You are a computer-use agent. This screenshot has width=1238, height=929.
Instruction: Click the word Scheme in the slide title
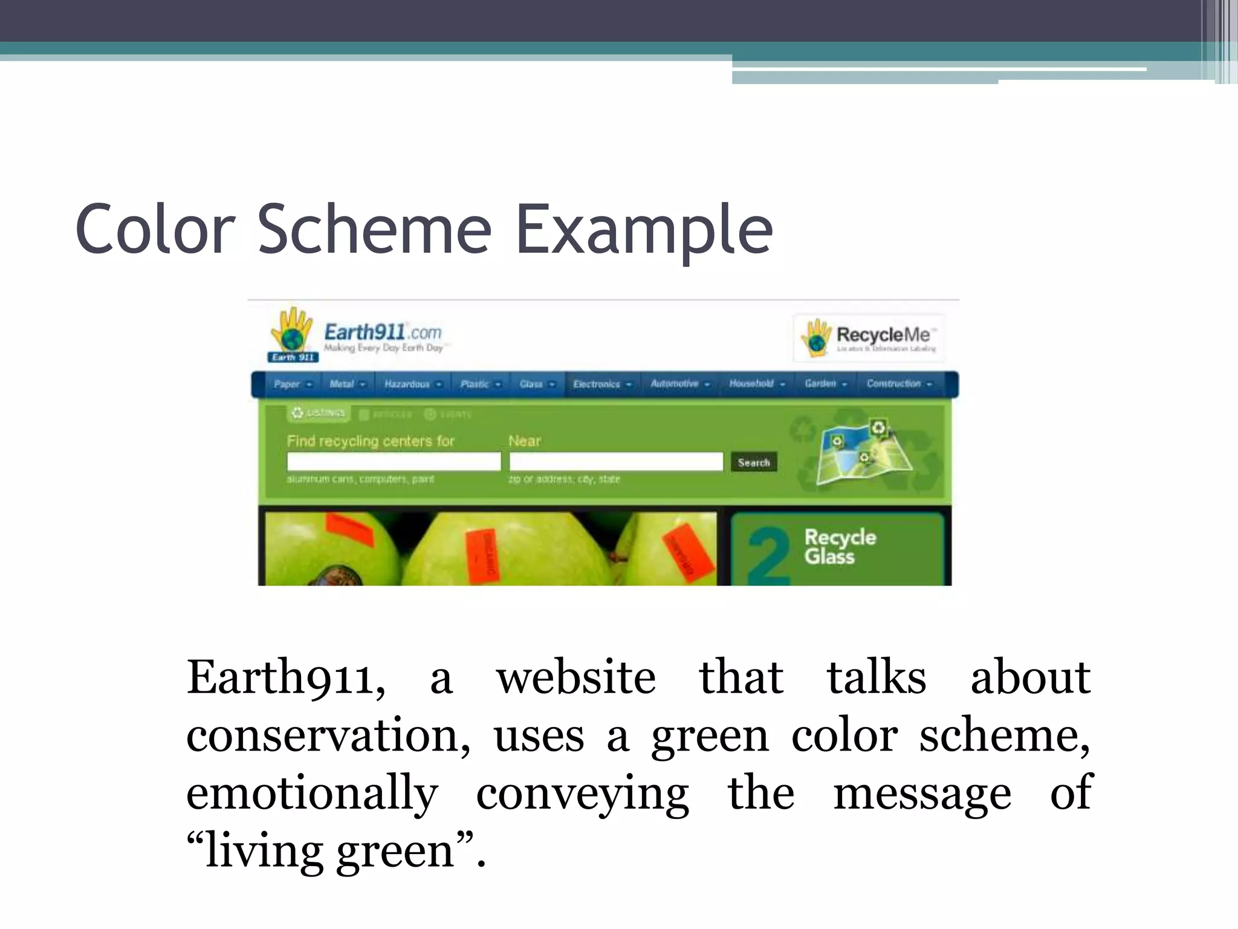pos(375,229)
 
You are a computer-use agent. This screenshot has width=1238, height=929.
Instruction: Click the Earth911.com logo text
pos(383,333)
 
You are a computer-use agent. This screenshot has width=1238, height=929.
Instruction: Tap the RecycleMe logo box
pos(869,337)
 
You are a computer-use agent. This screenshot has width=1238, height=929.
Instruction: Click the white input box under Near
pos(615,461)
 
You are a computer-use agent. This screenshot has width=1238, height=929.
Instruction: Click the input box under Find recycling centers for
pos(394,461)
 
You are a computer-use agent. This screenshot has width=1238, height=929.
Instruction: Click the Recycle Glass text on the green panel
pos(839,546)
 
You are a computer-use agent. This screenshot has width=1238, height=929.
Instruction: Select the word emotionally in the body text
pos(312,793)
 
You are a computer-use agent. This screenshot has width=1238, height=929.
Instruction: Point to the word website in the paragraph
pos(575,677)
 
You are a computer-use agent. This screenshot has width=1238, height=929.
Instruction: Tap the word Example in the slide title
pos(644,229)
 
